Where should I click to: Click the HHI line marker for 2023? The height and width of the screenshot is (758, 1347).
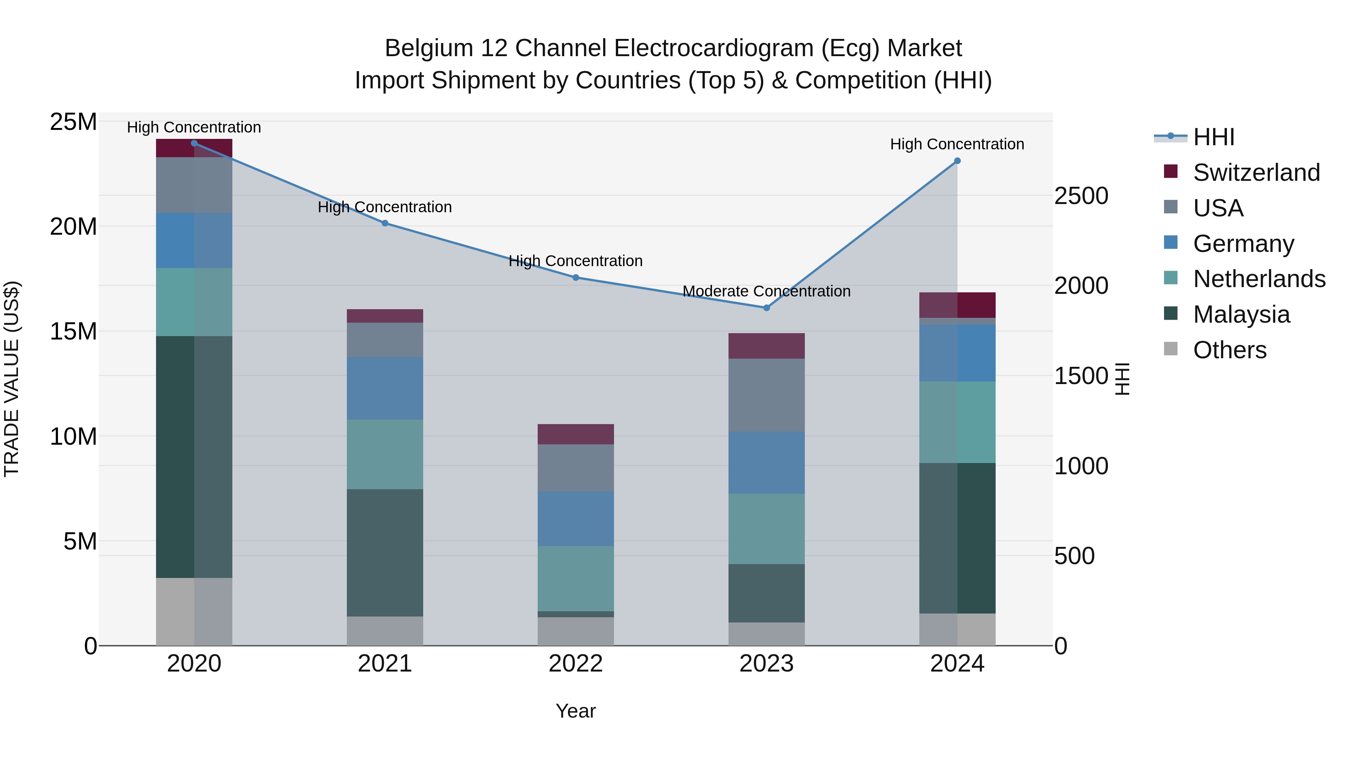(767, 308)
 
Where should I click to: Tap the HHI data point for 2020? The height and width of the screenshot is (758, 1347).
(194, 143)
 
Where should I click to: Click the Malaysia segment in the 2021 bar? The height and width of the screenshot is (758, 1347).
(385, 552)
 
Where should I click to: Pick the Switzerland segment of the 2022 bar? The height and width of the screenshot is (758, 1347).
(576, 434)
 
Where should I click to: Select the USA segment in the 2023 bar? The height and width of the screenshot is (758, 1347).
(767, 395)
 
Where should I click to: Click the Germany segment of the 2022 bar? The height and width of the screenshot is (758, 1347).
(576, 518)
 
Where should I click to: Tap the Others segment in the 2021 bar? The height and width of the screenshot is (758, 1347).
(385, 630)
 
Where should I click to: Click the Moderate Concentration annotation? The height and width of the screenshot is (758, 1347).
(767, 291)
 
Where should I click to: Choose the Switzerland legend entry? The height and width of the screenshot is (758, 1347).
(1256, 173)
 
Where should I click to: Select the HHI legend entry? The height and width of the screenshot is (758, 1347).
(1213, 137)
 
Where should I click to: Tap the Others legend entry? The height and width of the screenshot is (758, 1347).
(1230, 350)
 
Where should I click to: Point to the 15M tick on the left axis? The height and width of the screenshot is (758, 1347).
(73, 331)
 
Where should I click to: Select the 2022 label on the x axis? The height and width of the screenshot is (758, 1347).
(576, 664)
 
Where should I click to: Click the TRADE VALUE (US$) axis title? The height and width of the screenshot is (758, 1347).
(12, 379)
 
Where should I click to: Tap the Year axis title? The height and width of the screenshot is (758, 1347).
(576, 711)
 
